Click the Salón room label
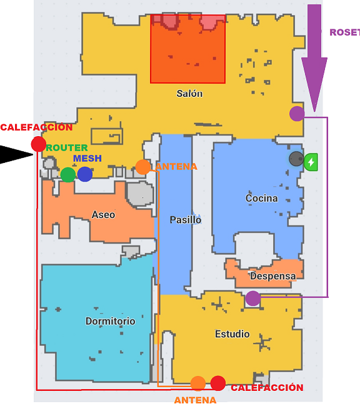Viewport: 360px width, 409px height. (189, 94)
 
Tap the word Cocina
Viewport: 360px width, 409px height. (262, 198)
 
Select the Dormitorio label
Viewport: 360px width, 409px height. (110, 321)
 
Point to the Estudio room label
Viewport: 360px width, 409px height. (232, 334)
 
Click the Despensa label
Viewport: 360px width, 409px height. (272, 276)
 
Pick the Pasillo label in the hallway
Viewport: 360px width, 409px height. (186, 220)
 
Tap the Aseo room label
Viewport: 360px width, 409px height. (103, 215)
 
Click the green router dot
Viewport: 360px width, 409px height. (68, 174)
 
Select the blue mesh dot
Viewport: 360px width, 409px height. (85, 174)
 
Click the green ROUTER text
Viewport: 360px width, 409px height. (67, 148)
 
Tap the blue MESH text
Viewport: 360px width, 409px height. (87, 159)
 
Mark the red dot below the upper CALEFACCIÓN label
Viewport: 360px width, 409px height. (39, 144)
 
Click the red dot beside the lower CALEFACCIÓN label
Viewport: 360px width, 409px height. (218, 383)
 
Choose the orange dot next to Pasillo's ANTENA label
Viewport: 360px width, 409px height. (143, 167)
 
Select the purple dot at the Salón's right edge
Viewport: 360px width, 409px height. (297, 114)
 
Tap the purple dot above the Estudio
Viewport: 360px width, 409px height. (253, 298)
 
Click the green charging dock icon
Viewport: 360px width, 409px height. (311, 162)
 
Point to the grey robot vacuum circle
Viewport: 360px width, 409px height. (296, 159)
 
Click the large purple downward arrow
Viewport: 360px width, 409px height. (314, 58)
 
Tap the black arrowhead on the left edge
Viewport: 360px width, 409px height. (16, 155)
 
